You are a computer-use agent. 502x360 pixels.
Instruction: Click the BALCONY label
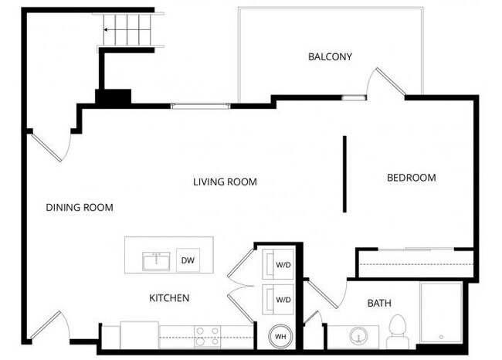(x=330, y=56)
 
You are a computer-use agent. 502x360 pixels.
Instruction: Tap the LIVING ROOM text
(x=225, y=182)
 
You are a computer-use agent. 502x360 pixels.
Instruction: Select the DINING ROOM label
(x=80, y=207)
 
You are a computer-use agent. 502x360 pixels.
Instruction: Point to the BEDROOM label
(x=411, y=178)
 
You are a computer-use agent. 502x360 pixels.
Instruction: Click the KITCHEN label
(x=169, y=297)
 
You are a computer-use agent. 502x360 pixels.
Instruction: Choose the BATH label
(x=379, y=303)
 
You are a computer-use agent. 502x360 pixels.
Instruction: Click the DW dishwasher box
(x=188, y=260)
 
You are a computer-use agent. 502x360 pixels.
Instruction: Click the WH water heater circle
(x=280, y=338)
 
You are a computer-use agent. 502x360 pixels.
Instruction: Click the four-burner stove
(x=207, y=336)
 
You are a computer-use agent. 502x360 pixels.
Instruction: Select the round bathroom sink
(x=358, y=336)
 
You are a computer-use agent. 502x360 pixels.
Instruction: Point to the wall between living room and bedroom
(x=344, y=174)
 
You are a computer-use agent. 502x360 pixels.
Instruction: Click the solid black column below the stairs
(x=113, y=98)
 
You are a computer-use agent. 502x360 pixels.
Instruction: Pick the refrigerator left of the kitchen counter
(x=139, y=335)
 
